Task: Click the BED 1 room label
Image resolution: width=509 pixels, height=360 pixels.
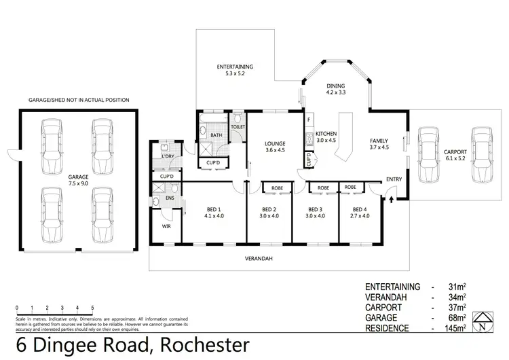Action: [x=214, y=209]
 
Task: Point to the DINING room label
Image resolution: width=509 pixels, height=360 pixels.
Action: [x=336, y=86]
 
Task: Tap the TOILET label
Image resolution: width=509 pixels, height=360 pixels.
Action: [x=238, y=126]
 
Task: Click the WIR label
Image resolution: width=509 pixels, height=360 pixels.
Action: [x=166, y=226]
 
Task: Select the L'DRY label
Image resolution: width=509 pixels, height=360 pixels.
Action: [x=168, y=157]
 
